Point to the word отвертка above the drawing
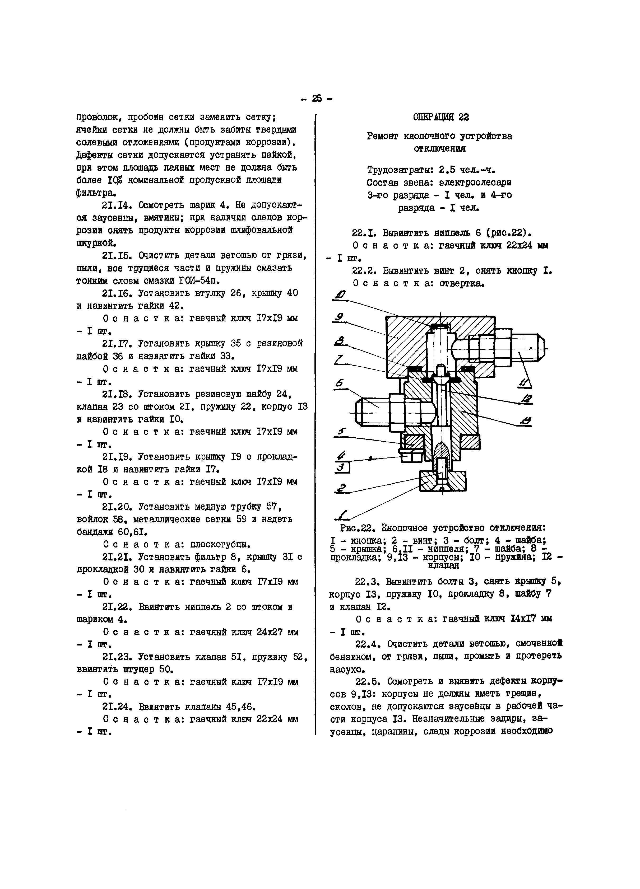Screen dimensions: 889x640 pyautogui.click(x=462, y=283)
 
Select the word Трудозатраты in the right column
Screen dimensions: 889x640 pyautogui.click(x=400, y=170)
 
